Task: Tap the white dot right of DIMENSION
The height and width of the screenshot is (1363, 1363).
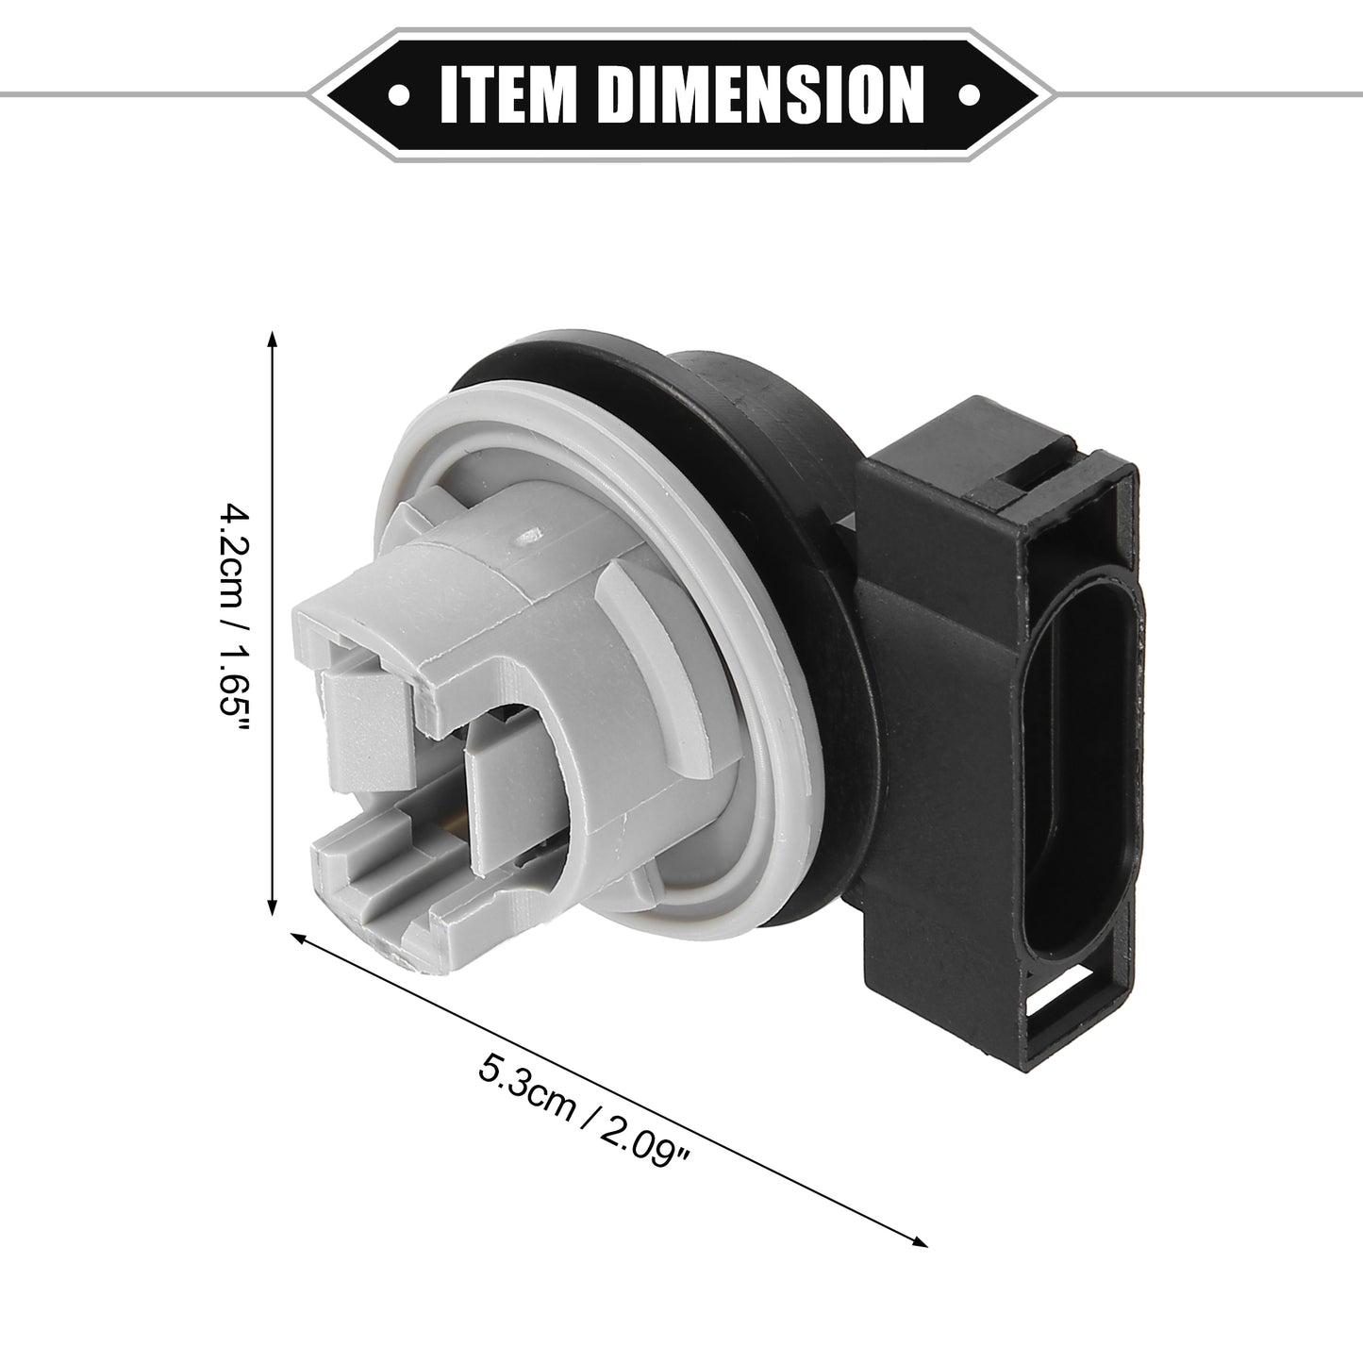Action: pyautogui.click(x=969, y=94)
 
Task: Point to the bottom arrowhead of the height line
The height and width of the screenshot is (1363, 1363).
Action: pyautogui.click(x=273, y=906)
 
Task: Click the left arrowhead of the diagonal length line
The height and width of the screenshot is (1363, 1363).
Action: pyautogui.click(x=300, y=938)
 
